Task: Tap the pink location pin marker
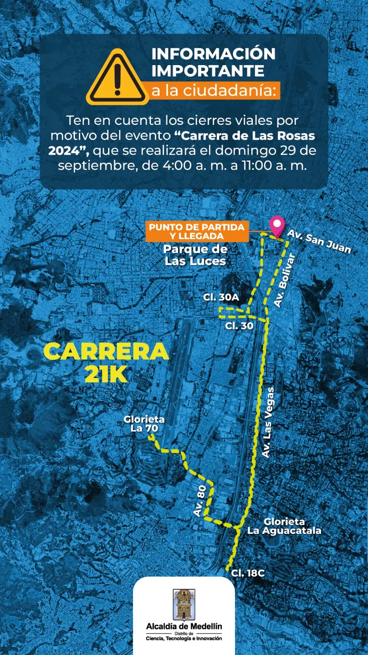tap(278, 225)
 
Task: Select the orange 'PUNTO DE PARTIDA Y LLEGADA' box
tap(197, 231)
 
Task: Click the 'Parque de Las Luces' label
tap(195, 255)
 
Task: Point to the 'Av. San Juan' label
tap(319, 241)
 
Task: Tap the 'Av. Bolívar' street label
tap(285, 280)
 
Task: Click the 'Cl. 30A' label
tap(221, 298)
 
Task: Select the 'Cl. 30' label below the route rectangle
tap(239, 326)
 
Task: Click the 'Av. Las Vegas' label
tap(268, 422)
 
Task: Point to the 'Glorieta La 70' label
tap(144, 424)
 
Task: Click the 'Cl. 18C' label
tap(248, 573)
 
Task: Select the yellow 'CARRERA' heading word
tap(106, 352)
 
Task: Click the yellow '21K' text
tap(106, 374)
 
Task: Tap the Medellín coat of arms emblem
tap(184, 605)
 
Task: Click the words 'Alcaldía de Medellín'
tap(184, 626)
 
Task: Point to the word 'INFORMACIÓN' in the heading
tap(213, 54)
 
